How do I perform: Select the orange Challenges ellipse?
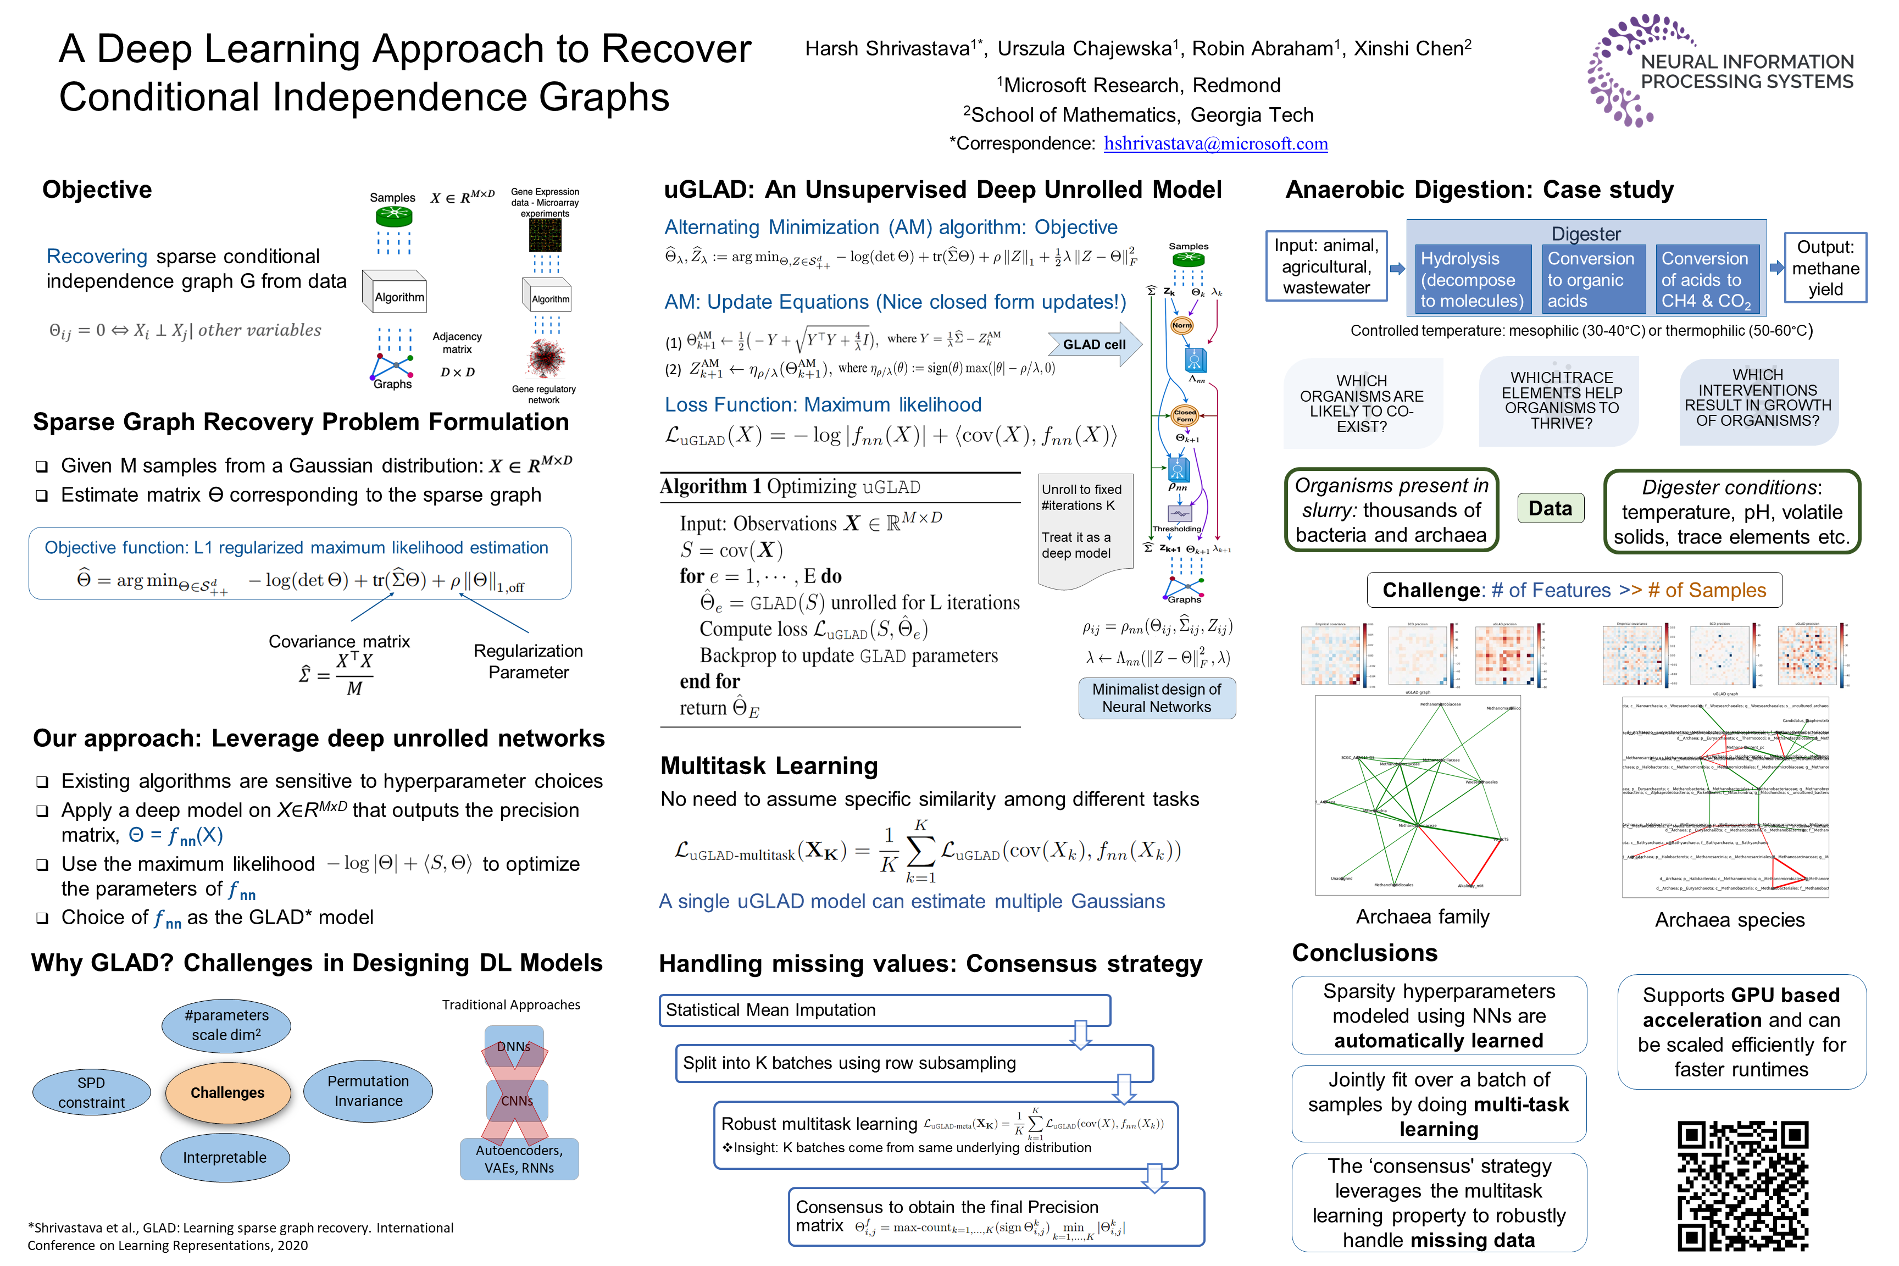(227, 1092)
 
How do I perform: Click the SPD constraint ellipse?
(91, 1092)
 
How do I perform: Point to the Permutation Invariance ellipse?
(368, 1091)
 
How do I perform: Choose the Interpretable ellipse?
(224, 1157)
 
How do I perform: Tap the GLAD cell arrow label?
(1094, 345)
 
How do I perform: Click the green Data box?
(1550, 509)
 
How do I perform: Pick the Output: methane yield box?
(1825, 268)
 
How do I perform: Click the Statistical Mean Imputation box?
(884, 1010)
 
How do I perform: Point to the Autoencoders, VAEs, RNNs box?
(519, 1159)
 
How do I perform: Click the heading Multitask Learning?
(769, 765)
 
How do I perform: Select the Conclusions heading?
(1364, 953)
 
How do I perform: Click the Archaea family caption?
(1422, 917)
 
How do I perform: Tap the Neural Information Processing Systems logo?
(1720, 71)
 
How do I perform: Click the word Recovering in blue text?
(97, 256)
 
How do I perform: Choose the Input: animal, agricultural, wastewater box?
(1326, 266)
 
